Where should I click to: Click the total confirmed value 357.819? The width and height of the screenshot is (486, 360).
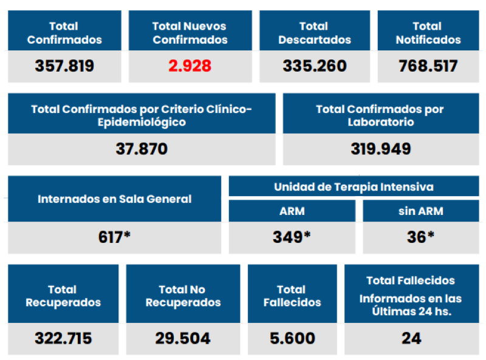click(64, 66)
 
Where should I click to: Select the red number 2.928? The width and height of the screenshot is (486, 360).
click(190, 66)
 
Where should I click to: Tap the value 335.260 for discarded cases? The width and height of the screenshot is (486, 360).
click(315, 66)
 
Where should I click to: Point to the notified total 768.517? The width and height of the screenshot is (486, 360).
click(428, 66)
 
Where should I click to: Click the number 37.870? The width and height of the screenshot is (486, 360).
click(142, 149)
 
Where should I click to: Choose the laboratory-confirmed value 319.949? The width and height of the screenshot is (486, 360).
click(380, 149)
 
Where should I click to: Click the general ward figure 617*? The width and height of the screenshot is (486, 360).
click(114, 237)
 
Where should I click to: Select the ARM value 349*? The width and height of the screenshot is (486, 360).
click(292, 237)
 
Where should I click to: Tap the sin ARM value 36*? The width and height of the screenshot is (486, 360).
click(420, 237)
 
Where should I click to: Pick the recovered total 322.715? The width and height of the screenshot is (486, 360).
click(63, 338)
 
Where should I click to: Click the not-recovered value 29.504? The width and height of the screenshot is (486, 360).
click(183, 338)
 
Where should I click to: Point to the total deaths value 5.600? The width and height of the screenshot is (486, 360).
click(292, 338)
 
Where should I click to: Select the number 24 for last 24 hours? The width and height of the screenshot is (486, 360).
click(411, 338)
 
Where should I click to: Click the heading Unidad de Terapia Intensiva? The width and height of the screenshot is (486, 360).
click(354, 186)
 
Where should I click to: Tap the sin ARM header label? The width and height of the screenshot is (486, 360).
click(420, 211)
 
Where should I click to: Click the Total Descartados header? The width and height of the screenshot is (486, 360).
click(315, 33)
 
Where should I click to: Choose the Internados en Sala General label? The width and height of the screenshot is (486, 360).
click(114, 199)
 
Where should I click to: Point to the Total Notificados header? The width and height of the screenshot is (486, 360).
click(428, 33)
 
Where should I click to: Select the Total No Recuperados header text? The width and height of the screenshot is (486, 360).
click(183, 296)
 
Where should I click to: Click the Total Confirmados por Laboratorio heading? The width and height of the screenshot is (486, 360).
click(380, 115)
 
